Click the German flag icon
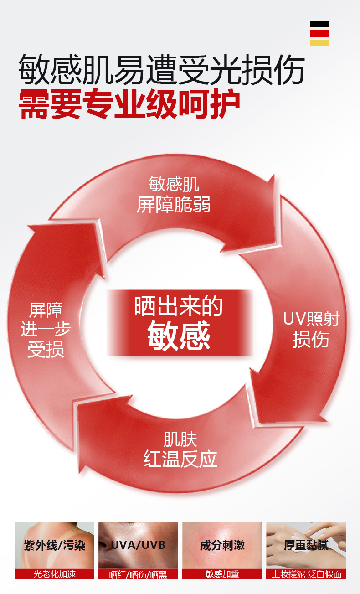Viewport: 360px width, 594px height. pyautogui.click(x=319, y=33)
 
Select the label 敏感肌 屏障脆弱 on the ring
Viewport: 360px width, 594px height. pyautogui.click(x=174, y=195)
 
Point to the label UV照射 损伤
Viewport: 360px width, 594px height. pyautogui.click(x=311, y=329)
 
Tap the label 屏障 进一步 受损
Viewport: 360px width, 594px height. pyautogui.click(x=46, y=330)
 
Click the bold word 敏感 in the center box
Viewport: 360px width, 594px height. pyautogui.click(x=179, y=336)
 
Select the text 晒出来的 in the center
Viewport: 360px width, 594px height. pyautogui.click(x=179, y=307)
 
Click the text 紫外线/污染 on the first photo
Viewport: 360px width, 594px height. pyautogui.click(x=55, y=545)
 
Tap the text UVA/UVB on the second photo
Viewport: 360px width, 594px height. pyautogui.click(x=138, y=545)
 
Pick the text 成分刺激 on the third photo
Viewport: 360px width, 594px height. pyautogui.click(x=222, y=545)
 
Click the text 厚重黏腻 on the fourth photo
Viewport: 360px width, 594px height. pyautogui.click(x=306, y=545)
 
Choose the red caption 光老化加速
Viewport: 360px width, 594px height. pyautogui.click(x=55, y=574)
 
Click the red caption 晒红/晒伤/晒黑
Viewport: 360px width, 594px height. pyautogui.click(x=138, y=574)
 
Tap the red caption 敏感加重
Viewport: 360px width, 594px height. pyautogui.click(x=222, y=574)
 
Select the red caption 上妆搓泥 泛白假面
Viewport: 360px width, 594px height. pyautogui.click(x=306, y=574)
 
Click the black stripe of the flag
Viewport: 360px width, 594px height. pyautogui.click(x=319, y=24)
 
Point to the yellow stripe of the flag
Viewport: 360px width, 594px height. pyautogui.click(x=319, y=43)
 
